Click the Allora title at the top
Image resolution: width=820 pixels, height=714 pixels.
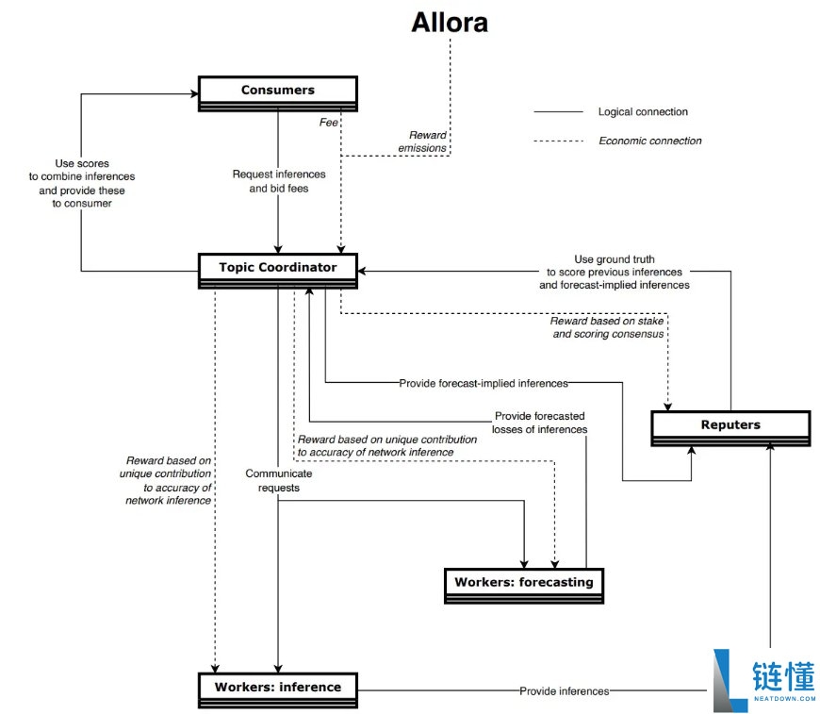[x=450, y=23]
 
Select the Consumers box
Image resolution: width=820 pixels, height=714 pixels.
[x=277, y=91]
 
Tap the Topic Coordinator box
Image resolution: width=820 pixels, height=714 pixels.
[x=277, y=268]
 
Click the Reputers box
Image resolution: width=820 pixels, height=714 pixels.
[x=730, y=425]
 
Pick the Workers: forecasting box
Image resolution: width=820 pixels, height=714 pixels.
[x=523, y=582]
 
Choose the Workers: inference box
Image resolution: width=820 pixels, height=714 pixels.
[x=277, y=687]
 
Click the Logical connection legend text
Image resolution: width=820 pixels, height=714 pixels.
[x=643, y=112]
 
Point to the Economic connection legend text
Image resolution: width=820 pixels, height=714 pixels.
[x=649, y=141]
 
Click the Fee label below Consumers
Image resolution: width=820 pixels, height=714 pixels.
[x=328, y=122]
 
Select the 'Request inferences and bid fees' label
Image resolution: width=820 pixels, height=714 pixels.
[x=279, y=181]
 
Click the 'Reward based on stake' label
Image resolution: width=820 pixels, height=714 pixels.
[x=609, y=327]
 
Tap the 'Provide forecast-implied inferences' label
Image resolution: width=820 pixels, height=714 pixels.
[x=484, y=383]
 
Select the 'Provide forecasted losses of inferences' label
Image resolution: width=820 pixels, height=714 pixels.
[x=538, y=423]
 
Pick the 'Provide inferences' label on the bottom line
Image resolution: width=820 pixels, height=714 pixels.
[x=564, y=691]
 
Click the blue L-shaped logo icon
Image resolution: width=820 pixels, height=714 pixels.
[x=729, y=679]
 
